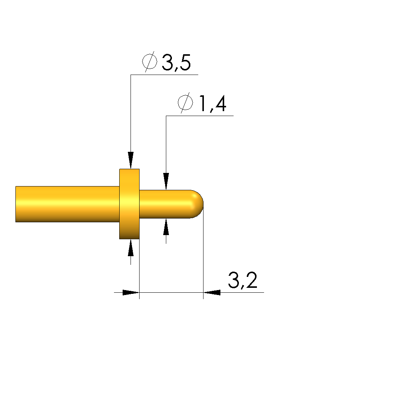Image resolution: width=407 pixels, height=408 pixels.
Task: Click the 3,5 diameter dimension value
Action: pyautogui.click(x=176, y=63)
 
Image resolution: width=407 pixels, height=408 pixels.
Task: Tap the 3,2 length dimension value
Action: pyautogui.click(x=243, y=280)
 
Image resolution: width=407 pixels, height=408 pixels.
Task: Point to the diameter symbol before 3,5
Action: pyautogui.click(x=150, y=62)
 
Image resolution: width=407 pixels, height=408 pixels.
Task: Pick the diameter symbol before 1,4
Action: pyautogui.click(x=185, y=103)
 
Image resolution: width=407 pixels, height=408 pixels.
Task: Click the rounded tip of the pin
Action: pyautogui.click(x=197, y=204)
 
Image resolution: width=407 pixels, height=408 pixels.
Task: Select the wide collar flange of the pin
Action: pyautogui.click(x=129, y=204)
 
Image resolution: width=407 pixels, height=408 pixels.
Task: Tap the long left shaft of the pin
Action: pyautogui.click(x=68, y=204)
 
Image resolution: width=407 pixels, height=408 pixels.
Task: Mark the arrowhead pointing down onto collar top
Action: pyautogui.click(x=131, y=160)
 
